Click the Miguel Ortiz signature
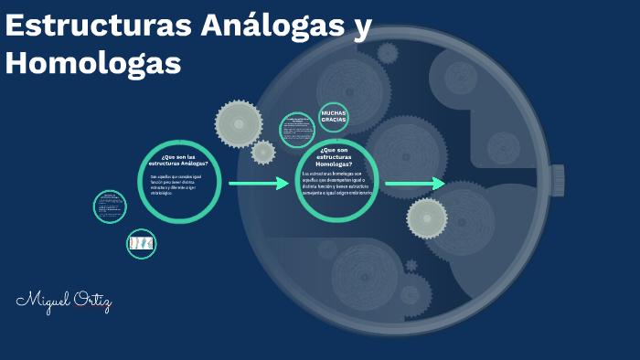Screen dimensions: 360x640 pos(63,301)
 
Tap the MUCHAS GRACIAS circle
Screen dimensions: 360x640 pos(333,118)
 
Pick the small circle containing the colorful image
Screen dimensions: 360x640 pos(141,243)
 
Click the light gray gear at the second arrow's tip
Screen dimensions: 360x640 pos(427,217)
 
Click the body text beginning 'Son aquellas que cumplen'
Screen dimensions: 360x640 pos(178,186)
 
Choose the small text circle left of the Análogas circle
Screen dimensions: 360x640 pos(110,206)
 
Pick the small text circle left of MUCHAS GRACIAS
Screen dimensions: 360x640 pos(297,130)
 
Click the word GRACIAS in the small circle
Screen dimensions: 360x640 pos(333,122)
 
